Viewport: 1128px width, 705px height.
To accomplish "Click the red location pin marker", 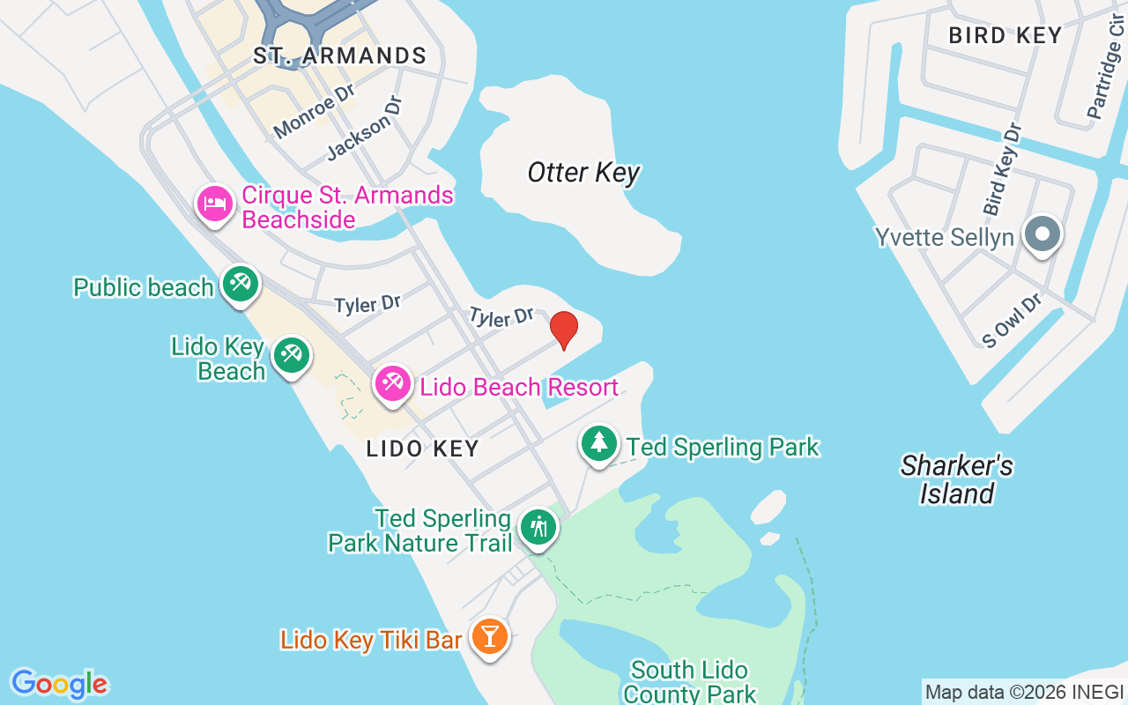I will (x=564, y=330).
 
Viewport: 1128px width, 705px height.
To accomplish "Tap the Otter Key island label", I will (x=583, y=173).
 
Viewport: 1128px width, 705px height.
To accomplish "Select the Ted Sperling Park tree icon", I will (x=599, y=442).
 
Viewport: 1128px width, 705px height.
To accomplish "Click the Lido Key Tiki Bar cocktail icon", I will (x=490, y=635).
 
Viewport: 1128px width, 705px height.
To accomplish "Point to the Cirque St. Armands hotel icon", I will (x=215, y=204).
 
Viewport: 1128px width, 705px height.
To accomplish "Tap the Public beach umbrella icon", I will (x=240, y=284).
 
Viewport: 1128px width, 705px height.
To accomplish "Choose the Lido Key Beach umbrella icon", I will (x=291, y=355).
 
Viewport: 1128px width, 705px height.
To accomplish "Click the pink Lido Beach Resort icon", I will (x=392, y=383).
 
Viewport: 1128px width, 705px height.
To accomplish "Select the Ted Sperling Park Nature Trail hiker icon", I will (x=538, y=527).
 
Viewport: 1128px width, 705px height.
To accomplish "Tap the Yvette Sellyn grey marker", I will (x=1043, y=235).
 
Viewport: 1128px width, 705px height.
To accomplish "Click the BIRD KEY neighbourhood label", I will (x=1005, y=36).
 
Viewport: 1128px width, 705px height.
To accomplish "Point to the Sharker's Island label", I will (x=957, y=479).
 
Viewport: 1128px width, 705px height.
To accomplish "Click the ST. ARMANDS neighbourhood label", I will (x=340, y=56).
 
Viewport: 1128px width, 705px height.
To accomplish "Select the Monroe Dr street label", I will (x=315, y=115).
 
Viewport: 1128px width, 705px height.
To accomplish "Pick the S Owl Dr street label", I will (x=1013, y=321).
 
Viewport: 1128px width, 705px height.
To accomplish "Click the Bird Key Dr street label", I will (x=1003, y=170).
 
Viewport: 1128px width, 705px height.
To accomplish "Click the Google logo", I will (x=59, y=684).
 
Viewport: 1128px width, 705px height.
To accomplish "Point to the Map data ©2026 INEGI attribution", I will (x=1024, y=693).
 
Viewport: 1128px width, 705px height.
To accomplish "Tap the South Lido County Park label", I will (x=689, y=682).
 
